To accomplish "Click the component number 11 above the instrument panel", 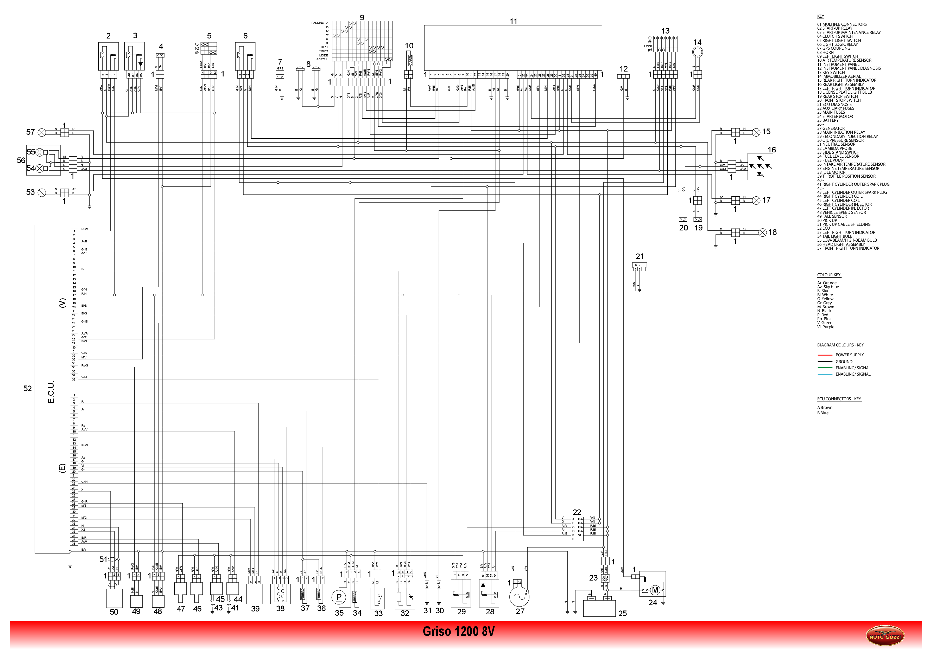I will (x=513, y=21).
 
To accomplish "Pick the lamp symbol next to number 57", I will (x=42, y=132).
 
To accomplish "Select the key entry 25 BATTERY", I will (x=830, y=120).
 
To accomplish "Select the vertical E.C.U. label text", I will (x=51, y=392).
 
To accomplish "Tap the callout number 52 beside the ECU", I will (x=27, y=389).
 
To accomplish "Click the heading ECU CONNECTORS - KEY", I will (x=839, y=399).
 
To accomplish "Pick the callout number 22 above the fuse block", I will (x=577, y=512).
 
